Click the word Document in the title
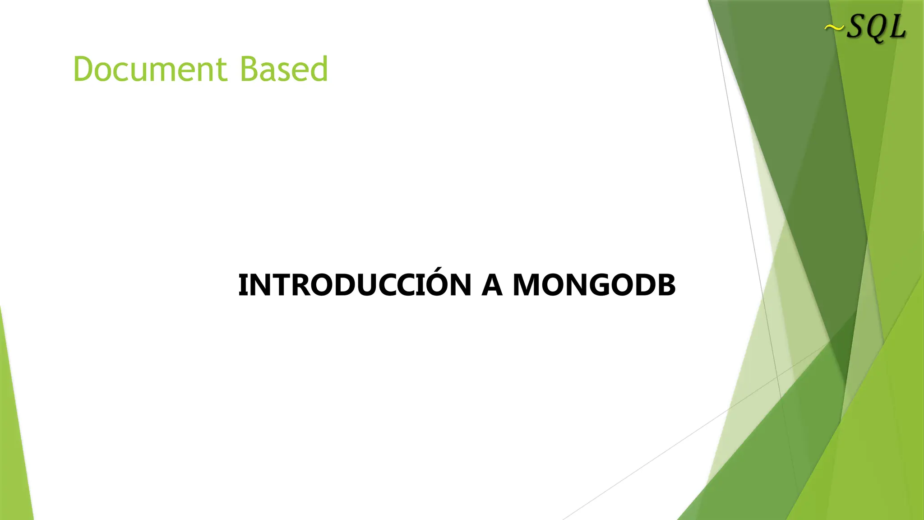pyautogui.click(x=149, y=70)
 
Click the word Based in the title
pyautogui.click(x=283, y=70)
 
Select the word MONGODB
pyautogui.click(x=594, y=286)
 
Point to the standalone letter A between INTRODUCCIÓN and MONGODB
pyautogui.click(x=492, y=286)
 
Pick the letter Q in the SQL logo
pyautogui.click(x=878, y=29)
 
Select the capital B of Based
pyautogui.click(x=249, y=70)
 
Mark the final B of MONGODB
pyautogui.click(x=666, y=286)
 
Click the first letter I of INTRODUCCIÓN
pyautogui.click(x=242, y=286)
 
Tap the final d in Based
pyautogui.click(x=318, y=70)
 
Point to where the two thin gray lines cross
pyautogui.click(x=777, y=376)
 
